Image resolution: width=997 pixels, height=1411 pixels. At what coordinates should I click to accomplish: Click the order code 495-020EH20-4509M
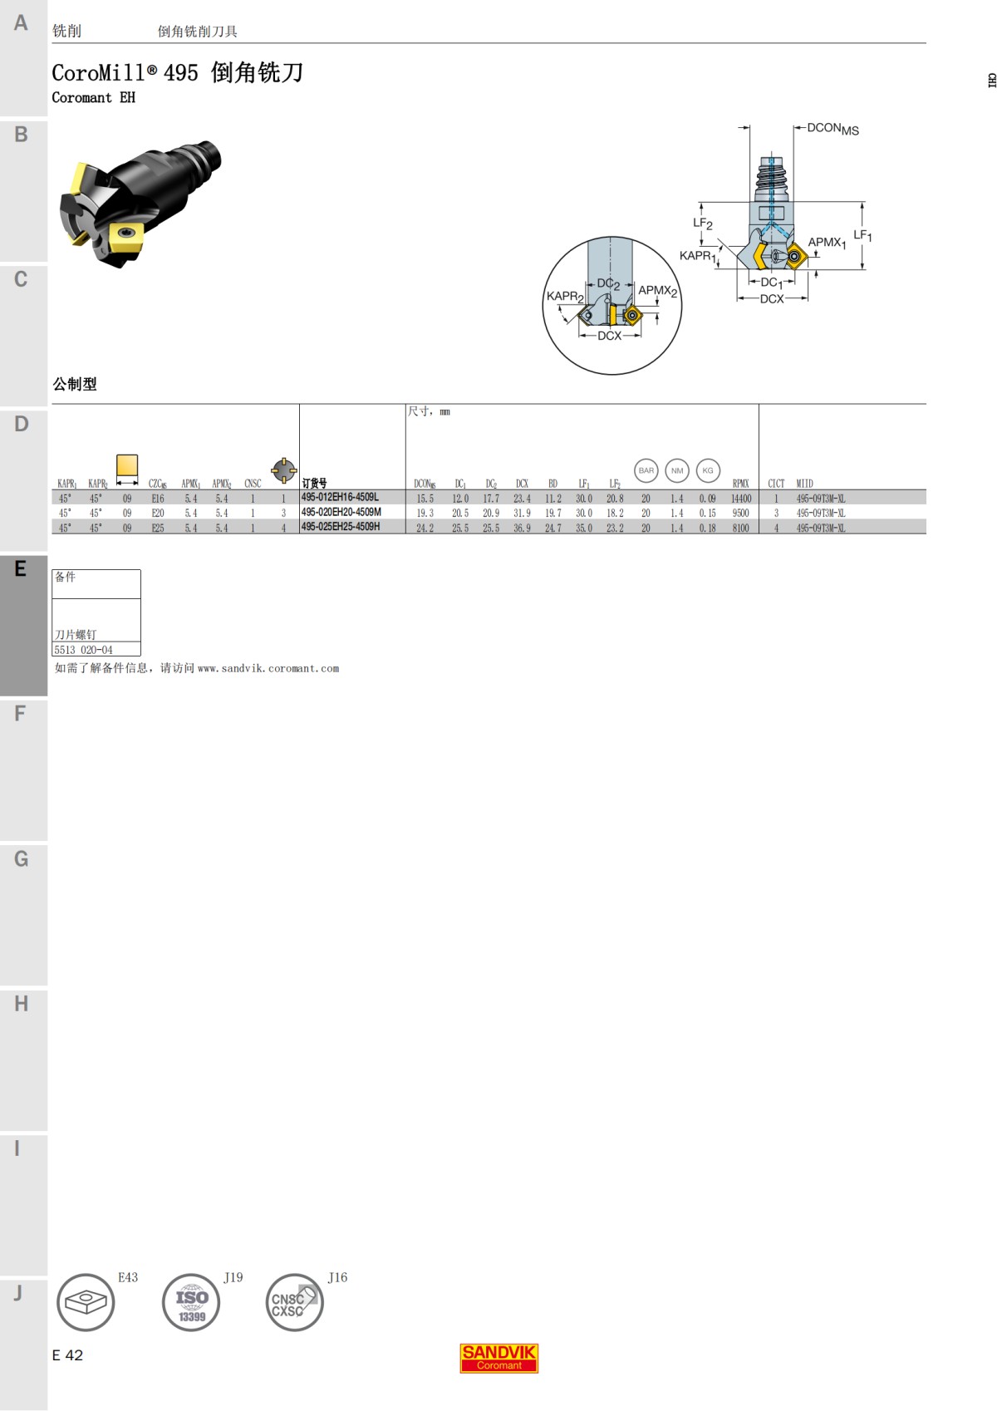[341, 513]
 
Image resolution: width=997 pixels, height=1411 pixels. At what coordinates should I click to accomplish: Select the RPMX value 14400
[740, 499]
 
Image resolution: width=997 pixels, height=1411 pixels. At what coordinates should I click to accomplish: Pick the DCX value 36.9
[522, 528]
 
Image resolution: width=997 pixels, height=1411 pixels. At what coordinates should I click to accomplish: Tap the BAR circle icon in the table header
[646, 470]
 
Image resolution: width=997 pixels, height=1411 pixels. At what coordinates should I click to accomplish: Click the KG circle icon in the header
[708, 470]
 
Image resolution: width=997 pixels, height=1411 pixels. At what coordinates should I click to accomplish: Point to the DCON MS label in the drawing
[832, 128]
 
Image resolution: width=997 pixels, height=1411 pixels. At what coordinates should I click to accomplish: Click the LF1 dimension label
[862, 236]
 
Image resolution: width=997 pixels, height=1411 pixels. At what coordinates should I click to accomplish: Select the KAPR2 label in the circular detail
[565, 296]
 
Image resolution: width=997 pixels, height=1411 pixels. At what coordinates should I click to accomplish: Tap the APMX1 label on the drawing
[827, 243]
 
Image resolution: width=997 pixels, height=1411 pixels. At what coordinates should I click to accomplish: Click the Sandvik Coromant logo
[499, 1358]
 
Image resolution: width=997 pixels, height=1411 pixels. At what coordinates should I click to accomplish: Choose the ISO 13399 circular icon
[191, 1302]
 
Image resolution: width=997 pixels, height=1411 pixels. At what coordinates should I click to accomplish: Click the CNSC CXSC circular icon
[294, 1302]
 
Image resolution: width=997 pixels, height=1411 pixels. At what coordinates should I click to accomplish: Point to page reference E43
[128, 1277]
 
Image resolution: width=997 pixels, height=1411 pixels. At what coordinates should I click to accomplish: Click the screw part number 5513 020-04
[84, 650]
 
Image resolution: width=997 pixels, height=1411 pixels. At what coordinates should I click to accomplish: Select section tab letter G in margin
[22, 858]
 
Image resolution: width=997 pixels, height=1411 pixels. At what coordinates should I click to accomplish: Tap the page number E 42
[68, 1355]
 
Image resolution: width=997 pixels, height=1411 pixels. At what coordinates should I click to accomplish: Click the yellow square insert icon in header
[127, 465]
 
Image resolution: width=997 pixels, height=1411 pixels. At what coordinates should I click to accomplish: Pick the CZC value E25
[158, 528]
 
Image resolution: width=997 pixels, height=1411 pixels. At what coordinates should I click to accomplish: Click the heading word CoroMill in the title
[99, 73]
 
